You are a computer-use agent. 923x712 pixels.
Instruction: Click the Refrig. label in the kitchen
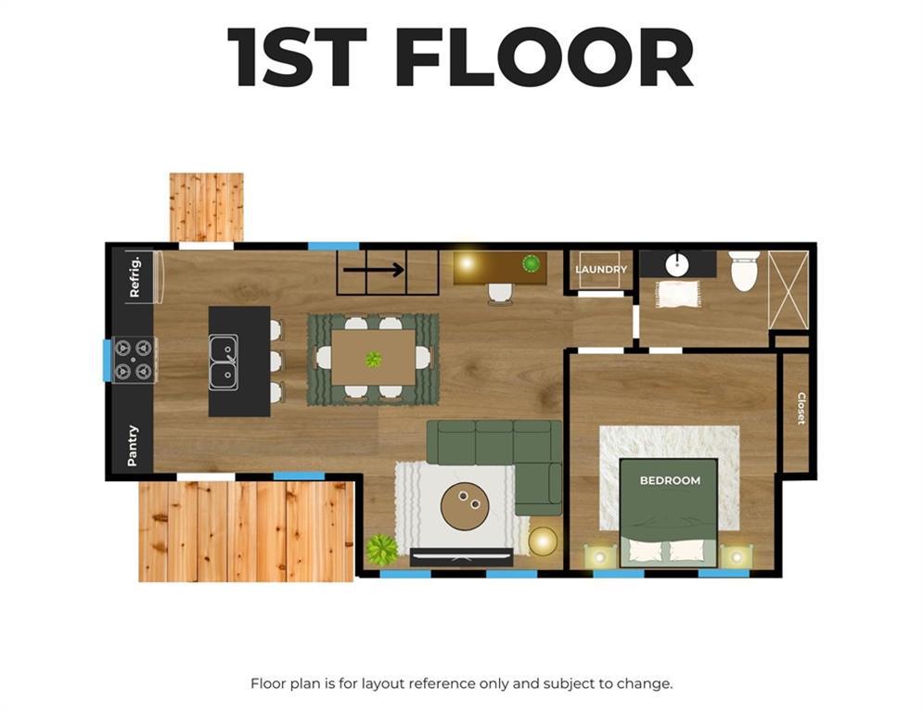(x=135, y=276)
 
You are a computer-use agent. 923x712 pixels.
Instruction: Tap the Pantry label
(x=133, y=445)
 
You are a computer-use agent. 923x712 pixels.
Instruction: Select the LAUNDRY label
(x=601, y=270)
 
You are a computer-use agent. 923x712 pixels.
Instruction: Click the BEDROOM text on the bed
(x=670, y=481)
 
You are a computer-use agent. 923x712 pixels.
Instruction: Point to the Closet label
(x=801, y=408)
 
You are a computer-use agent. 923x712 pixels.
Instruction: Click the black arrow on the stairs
(x=374, y=270)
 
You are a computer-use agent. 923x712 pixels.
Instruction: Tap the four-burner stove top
(x=134, y=360)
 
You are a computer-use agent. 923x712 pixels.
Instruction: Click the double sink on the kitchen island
(x=224, y=362)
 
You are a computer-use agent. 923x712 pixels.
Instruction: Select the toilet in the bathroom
(x=744, y=271)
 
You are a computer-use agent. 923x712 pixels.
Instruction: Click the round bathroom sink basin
(x=677, y=265)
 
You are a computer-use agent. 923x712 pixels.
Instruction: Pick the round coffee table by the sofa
(x=464, y=506)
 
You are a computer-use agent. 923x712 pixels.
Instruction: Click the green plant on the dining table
(x=373, y=359)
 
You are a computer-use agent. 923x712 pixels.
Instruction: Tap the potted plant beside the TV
(x=381, y=550)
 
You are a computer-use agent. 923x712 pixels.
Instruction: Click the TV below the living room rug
(x=462, y=556)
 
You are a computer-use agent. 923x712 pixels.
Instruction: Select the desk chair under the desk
(x=500, y=294)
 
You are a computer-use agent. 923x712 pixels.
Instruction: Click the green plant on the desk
(x=531, y=263)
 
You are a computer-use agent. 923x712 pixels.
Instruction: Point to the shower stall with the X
(x=788, y=290)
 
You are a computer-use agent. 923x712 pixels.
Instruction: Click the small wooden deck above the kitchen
(x=207, y=207)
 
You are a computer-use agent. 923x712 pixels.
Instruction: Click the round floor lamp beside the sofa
(x=543, y=541)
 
